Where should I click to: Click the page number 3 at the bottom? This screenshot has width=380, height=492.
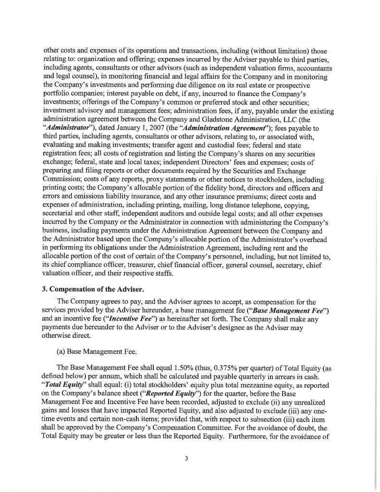coord(185,458)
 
